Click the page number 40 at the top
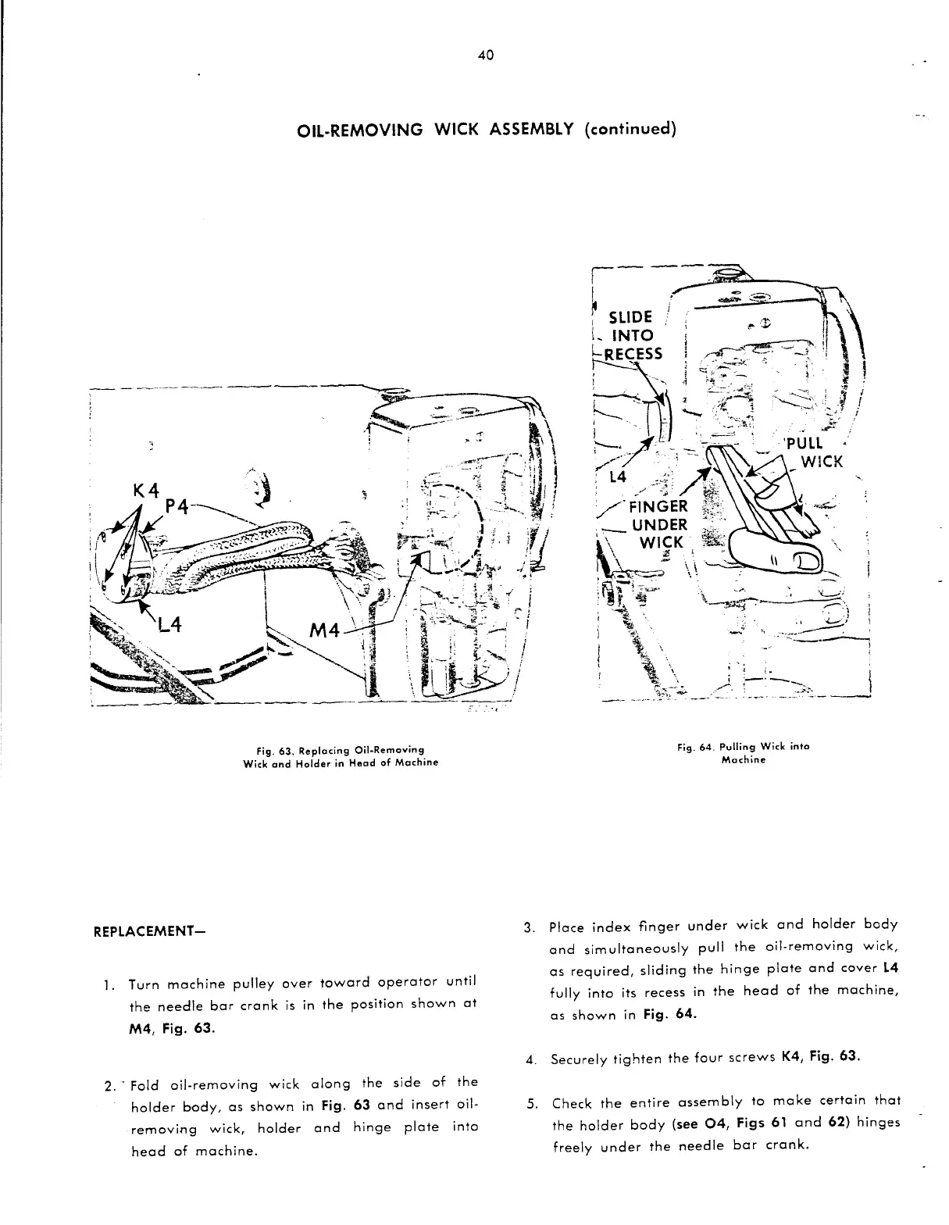pyautogui.click(x=485, y=55)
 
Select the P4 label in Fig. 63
pyautogui.click(x=179, y=508)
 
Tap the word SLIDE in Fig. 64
pyautogui.click(x=630, y=316)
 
